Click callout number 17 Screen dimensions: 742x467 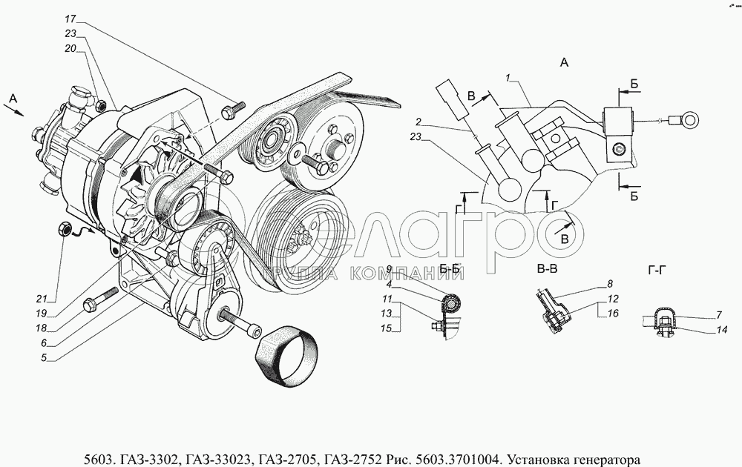click(x=70, y=19)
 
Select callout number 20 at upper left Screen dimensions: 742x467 click(x=70, y=49)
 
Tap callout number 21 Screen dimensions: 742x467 click(x=42, y=299)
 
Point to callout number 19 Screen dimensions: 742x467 click(x=41, y=314)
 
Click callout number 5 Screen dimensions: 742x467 click(x=44, y=358)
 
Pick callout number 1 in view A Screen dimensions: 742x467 click(x=508, y=78)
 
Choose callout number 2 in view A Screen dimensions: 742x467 click(x=418, y=122)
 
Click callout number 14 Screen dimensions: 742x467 click(x=721, y=330)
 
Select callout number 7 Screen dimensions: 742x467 click(x=719, y=314)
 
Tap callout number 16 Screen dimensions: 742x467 click(x=613, y=314)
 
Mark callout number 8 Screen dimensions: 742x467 click(x=610, y=284)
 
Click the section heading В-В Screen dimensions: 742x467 click(x=548, y=269)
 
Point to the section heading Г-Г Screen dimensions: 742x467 click(x=657, y=271)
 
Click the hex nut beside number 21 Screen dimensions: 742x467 click(x=65, y=229)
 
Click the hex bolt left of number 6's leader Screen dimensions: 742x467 click(x=100, y=299)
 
